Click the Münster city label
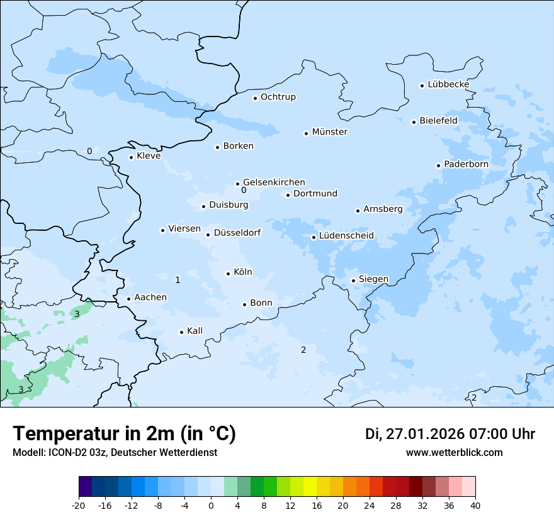tap(329, 132)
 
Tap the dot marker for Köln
tap(228, 274)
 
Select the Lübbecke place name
tap(448, 84)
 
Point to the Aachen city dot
tap(128, 299)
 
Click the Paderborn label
tap(466, 164)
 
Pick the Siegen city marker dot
tap(353, 280)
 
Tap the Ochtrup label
tap(278, 97)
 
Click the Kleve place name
tap(149, 156)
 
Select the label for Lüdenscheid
tap(346, 236)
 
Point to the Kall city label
tap(195, 331)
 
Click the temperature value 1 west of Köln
tap(178, 280)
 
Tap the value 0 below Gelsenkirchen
tap(243, 191)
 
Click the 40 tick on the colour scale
tap(475, 506)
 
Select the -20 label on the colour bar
tap(79, 506)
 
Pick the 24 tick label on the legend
tap(370, 506)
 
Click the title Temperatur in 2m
tap(124, 434)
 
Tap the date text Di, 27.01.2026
tap(414, 434)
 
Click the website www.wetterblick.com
tap(454, 452)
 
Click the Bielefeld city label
tap(438, 120)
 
